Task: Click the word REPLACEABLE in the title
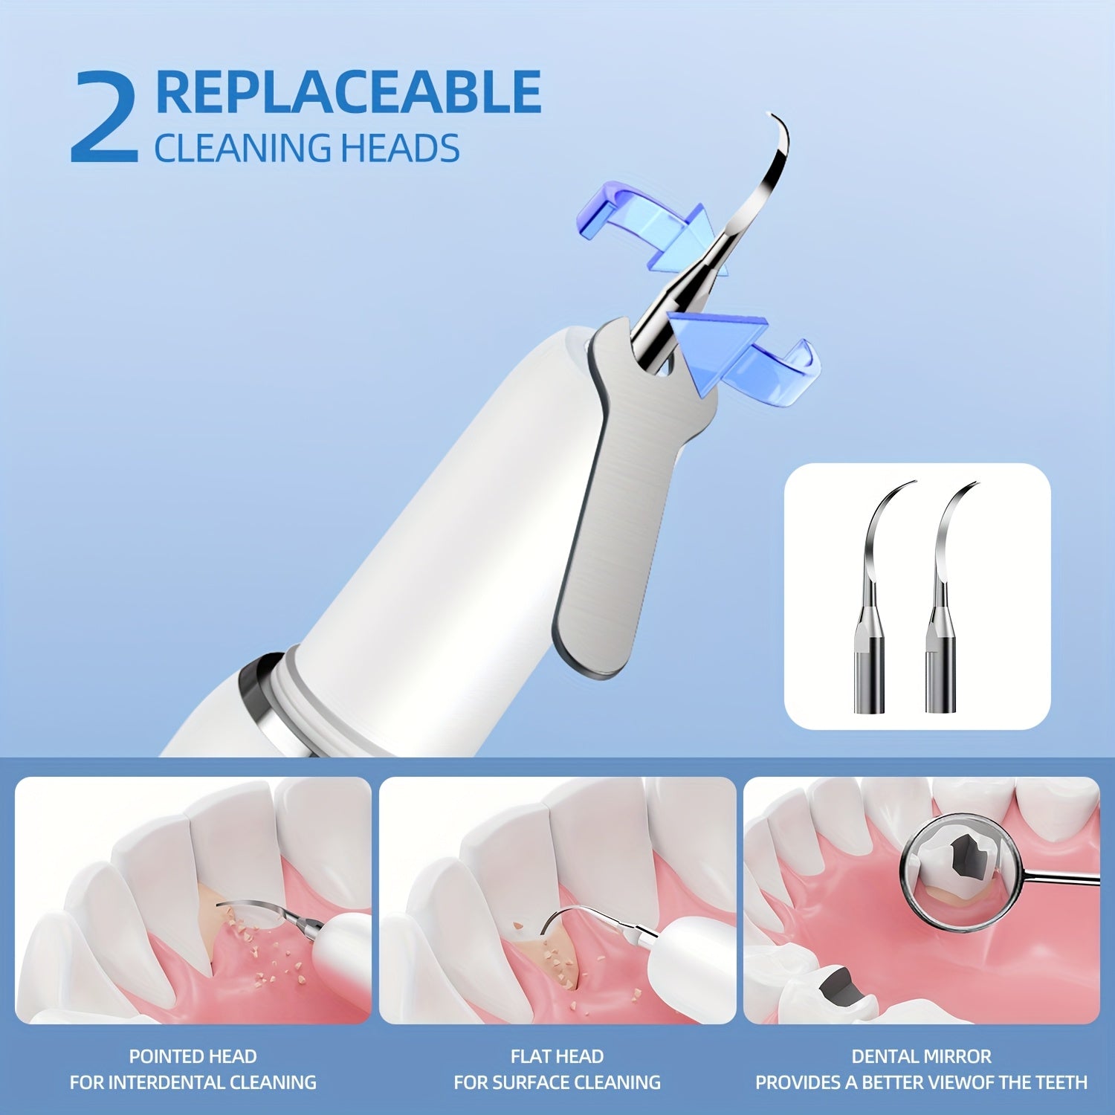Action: click(x=348, y=92)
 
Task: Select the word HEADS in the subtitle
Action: click(x=400, y=148)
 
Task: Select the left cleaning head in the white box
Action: click(x=873, y=595)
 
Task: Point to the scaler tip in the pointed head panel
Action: click(x=260, y=910)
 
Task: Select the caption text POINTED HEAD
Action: click(x=193, y=1056)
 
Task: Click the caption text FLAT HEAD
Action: click(x=557, y=1056)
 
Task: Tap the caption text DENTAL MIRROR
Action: click(x=921, y=1056)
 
